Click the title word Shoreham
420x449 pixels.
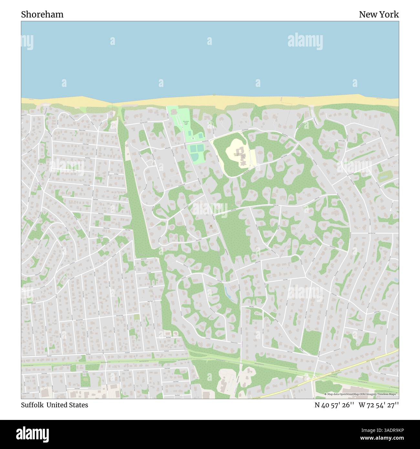point(42,15)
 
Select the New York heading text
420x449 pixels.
point(379,15)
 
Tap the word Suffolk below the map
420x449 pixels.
point(33,405)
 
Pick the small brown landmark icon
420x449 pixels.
point(211,226)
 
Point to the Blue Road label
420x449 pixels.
point(168,337)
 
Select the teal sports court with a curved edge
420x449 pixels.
point(195,157)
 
